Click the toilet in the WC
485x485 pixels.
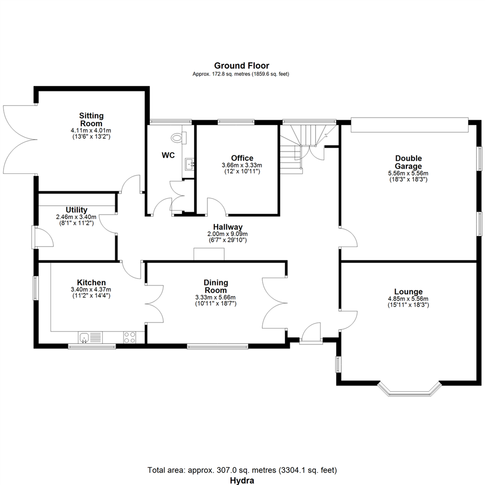(178, 138)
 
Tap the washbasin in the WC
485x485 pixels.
(190, 164)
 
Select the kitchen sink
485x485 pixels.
(90, 337)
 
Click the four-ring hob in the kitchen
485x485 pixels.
(129, 337)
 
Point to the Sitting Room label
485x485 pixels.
(91, 119)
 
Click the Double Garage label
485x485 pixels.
(408, 162)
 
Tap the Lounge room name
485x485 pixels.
(408, 291)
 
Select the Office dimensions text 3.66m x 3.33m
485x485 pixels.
(242, 165)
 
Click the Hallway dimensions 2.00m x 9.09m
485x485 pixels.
(227, 234)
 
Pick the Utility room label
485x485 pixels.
(76, 210)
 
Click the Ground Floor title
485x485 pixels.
(242, 66)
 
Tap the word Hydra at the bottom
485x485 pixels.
(242, 481)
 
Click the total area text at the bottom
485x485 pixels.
(242, 470)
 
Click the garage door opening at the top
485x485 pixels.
(409, 125)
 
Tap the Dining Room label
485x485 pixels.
(216, 287)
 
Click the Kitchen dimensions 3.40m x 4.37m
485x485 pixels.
(91, 290)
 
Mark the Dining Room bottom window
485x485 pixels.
(217, 346)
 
